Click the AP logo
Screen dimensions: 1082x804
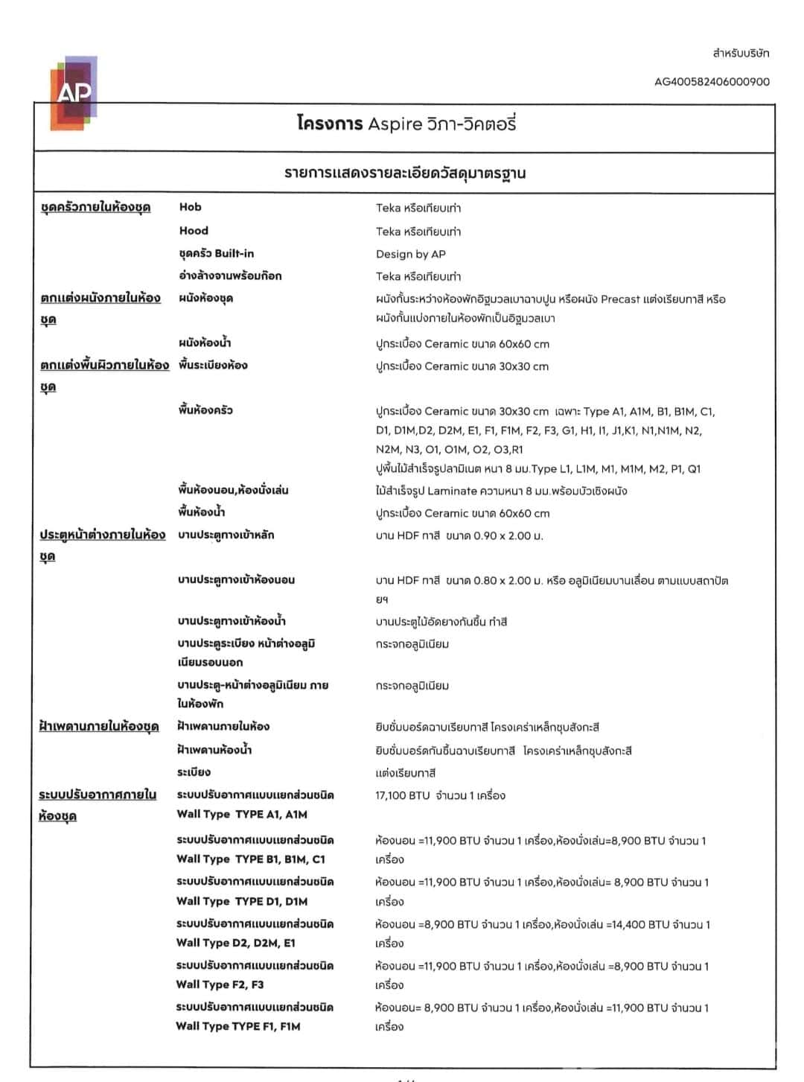pos(74,93)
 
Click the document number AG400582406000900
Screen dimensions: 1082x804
pos(712,82)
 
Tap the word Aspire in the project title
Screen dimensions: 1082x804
pos(395,124)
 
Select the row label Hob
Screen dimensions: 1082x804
pos(190,207)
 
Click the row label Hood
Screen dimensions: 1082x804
pos(194,231)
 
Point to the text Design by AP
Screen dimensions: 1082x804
pos(411,254)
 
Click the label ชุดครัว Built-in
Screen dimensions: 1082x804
pos(217,253)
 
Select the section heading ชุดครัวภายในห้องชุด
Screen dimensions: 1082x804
pos(95,207)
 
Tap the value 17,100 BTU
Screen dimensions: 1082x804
pos(403,795)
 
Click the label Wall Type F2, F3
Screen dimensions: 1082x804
pos(220,984)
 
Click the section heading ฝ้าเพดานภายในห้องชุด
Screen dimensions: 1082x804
pos(99,727)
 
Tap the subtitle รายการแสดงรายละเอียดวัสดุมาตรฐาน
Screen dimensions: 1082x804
pos(405,174)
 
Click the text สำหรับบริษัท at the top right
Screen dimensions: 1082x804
pos(741,54)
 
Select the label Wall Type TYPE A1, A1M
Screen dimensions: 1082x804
pos(242,815)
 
